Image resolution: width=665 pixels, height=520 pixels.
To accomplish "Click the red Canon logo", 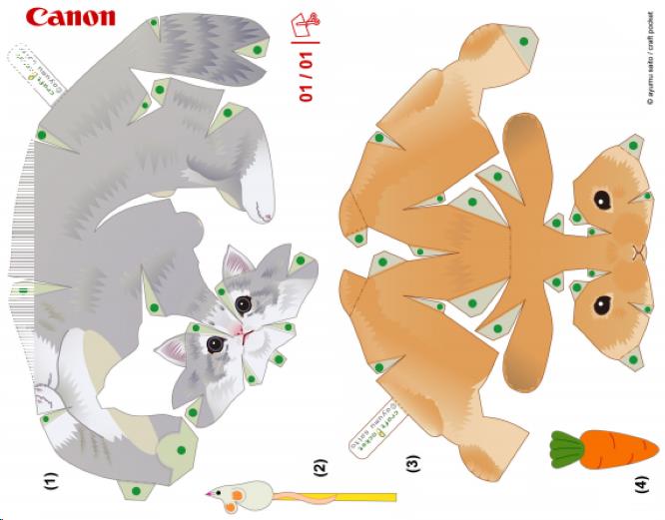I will (x=70, y=17).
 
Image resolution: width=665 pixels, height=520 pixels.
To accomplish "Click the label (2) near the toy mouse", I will (x=320, y=465).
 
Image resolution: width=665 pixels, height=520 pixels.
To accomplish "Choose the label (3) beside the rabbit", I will (x=412, y=463).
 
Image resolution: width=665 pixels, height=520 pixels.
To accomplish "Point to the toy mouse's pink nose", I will (x=209, y=493).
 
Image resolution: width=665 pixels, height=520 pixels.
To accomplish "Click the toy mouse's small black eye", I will (x=225, y=491).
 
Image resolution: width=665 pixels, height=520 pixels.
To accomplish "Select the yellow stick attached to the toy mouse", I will (x=359, y=496).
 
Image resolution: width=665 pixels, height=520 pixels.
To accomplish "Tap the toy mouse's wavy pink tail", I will (x=295, y=494).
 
